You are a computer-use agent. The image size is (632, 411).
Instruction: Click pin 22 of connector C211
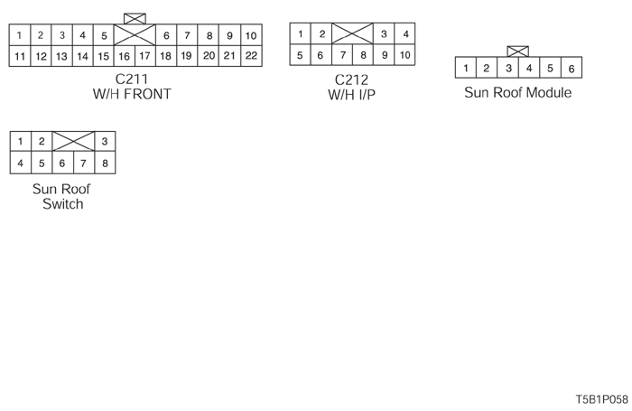coord(251,56)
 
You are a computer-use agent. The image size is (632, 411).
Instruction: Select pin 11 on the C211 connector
coord(19,56)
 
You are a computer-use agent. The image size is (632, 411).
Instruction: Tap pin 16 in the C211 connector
coord(125,56)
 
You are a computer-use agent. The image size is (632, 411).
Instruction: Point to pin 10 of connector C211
coord(251,35)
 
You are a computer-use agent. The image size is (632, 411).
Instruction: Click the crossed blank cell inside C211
coord(135,35)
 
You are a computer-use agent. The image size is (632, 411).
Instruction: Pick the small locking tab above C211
coord(135,18)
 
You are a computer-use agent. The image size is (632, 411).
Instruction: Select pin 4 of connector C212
coord(405,34)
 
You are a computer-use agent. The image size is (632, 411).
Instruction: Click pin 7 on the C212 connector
coord(342,56)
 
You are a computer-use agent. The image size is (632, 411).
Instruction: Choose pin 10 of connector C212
coord(405,56)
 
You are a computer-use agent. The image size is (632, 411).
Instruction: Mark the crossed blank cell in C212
coord(352,34)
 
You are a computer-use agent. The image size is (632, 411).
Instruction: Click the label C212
coord(351,79)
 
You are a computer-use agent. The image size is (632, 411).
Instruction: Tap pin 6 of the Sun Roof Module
coord(572,68)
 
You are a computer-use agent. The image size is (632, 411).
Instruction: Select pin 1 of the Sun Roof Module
coord(466,68)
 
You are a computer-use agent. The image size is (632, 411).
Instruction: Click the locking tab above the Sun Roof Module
coord(518,51)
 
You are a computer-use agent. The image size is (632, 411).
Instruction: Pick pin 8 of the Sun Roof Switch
coord(105,163)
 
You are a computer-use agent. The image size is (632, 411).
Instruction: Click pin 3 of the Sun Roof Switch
coord(105,142)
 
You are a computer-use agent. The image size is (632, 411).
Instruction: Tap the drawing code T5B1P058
coord(601,398)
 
